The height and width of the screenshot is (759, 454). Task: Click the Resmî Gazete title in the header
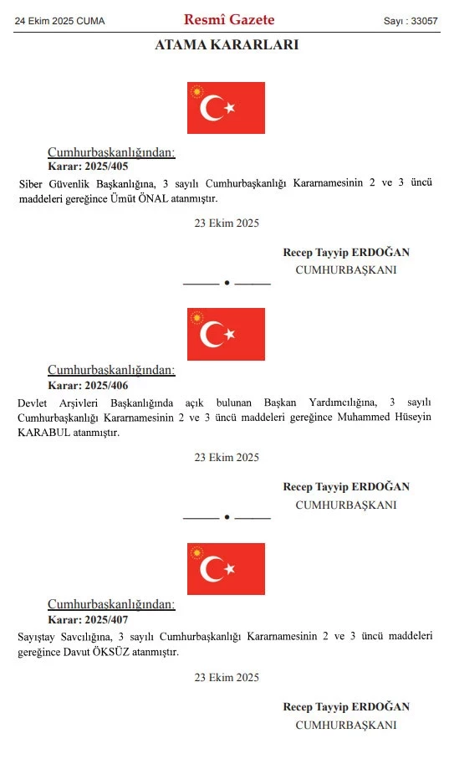pyautogui.click(x=229, y=19)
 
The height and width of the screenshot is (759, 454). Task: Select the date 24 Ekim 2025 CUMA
pyautogui.click(x=61, y=20)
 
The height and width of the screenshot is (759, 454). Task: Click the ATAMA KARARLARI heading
pyautogui.click(x=227, y=45)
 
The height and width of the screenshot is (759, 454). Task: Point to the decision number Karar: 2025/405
pyautogui.click(x=88, y=167)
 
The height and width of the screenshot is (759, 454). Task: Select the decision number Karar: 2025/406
pyautogui.click(x=88, y=385)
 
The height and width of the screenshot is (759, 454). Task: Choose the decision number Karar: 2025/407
pyautogui.click(x=88, y=620)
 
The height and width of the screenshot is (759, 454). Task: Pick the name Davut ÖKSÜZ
pyautogui.click(x=84, y=652)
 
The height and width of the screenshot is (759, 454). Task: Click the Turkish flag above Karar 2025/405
pyautogui.click(x=226, y=108)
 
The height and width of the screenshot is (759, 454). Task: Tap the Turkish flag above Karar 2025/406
pyautogui.click(x=226, y=334)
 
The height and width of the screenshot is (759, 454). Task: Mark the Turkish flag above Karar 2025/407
pyautogui.click(x=226, y=569)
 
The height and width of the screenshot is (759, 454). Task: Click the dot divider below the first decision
pyautogui.click(x=227, y=283)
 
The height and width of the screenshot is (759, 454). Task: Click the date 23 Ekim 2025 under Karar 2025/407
pyautogui.click(x=227, y=677)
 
